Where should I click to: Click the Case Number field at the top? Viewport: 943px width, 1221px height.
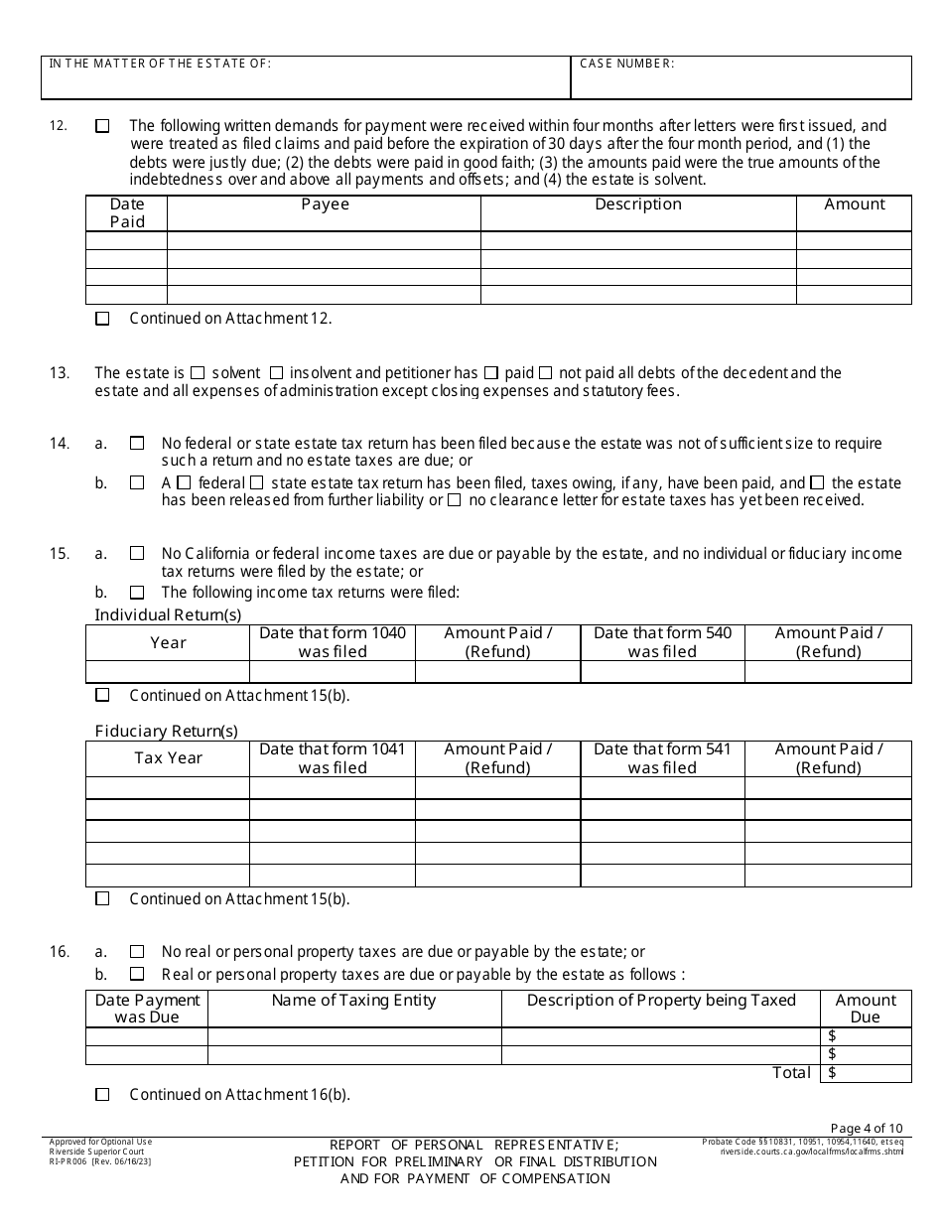[741, 79]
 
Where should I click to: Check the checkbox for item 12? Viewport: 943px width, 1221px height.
[102, 126]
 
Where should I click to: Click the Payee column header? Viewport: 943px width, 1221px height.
[325, 204]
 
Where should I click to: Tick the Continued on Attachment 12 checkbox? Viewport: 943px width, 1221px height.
[102, 319]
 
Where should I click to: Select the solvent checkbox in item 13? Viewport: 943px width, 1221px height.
[198, 373]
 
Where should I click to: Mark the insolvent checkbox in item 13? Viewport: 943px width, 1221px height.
[276, 373]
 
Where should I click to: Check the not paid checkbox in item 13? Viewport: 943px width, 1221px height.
[545, 373]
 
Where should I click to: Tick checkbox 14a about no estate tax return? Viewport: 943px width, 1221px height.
[137, 444]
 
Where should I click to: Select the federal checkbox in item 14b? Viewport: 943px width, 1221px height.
[184, 482]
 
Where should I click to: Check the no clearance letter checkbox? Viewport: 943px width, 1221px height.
[454, 500]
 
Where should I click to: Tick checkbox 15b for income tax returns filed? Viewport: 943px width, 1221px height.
[137, 593]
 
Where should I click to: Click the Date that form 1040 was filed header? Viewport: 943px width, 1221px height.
[333, 642]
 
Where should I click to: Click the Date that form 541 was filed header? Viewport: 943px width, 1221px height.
[662, 642]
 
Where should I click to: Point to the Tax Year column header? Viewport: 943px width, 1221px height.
[168, 758]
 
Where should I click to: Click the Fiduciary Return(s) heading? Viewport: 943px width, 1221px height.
[166, 732]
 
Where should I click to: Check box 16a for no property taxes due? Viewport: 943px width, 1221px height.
[137, 952]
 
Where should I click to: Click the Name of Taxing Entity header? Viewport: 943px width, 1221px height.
[354, 1001]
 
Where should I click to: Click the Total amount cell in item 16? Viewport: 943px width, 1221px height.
[866, 1073]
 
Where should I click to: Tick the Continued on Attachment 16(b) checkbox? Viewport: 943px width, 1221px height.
[102, 1095]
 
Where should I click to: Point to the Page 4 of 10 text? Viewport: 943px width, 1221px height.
[866, 1128]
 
